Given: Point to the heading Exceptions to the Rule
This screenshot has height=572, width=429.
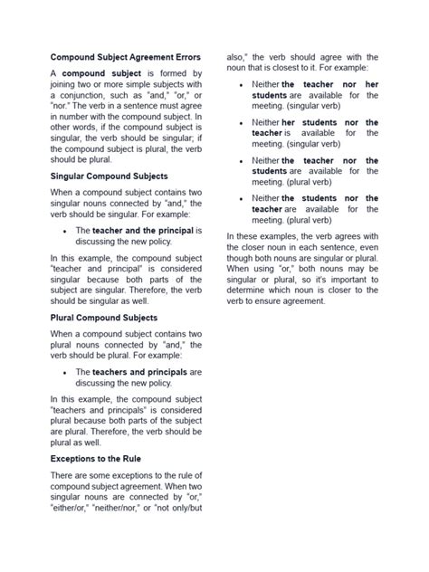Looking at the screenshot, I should click(x=97, y=459).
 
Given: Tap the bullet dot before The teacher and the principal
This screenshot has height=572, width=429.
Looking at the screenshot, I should click(x=65, y=232).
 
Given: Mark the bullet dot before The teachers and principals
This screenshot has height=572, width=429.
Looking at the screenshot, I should click(x=65, y=373).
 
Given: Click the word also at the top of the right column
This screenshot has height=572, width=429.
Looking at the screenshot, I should click(x=237, y=57).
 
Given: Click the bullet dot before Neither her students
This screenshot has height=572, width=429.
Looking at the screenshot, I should click(x=239, y=123).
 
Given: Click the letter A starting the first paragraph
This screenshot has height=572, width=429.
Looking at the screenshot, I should click(x=53, y=73).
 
